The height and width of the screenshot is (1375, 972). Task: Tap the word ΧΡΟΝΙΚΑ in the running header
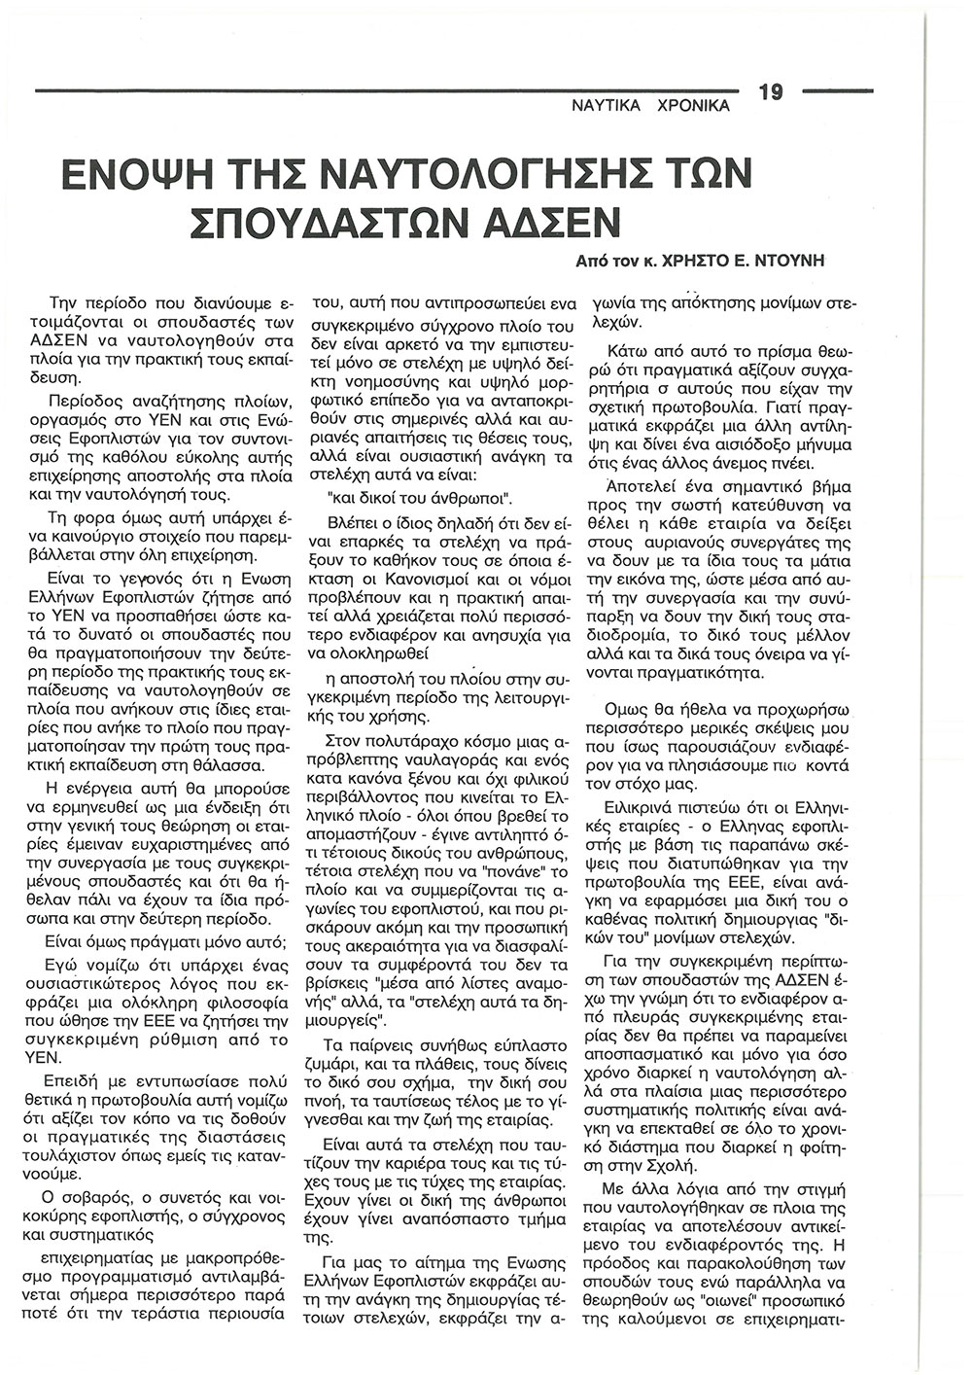(693, 106)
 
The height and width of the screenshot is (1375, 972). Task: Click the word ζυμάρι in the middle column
(332, 1033)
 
